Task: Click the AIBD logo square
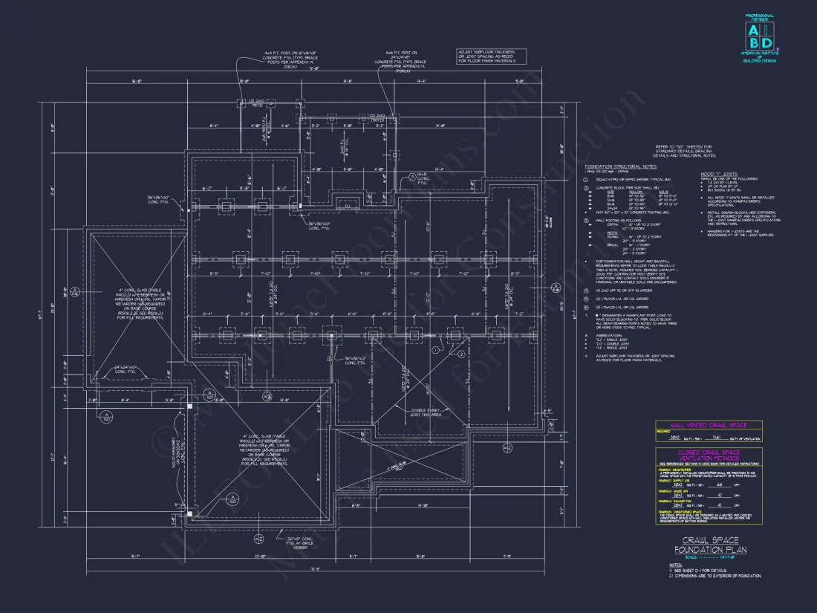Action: pos(758,35)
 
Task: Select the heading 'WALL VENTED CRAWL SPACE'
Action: pos(709,425)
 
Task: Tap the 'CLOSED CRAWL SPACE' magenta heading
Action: pos(709,453)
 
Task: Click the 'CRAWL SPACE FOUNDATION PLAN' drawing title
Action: pos(710,545)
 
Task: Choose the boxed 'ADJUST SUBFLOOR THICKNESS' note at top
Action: pos(491,56)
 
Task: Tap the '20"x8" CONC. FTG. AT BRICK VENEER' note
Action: pos(300,542)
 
